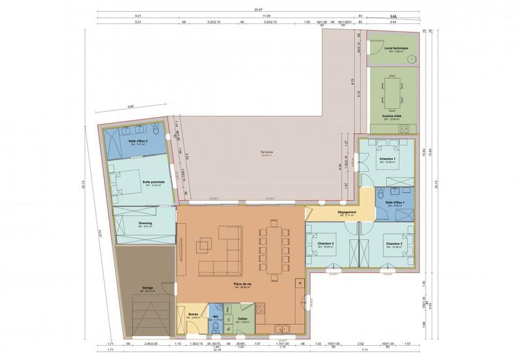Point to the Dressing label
tap(146, 222)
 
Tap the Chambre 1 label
tap(387, 160)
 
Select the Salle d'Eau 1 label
tap(395, 202)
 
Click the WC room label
tap(216, 316)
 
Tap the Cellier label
tap(242, 318)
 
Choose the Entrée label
tap(193, 315)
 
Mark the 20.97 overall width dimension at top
tap(259, 10)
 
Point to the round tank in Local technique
tap(411, 58)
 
